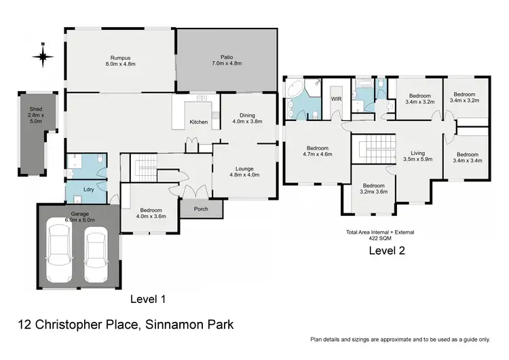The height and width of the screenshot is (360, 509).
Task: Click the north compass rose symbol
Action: (x=42, y=56)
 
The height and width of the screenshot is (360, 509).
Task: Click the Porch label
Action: (x=201, y=209)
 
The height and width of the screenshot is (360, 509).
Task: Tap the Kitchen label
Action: (x=198, y=122)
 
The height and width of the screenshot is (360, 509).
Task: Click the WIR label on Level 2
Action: (x=335, y=99)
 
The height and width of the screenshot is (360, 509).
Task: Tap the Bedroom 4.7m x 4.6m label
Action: (x=317, y=151)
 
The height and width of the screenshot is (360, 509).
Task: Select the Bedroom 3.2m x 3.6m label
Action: (x=373, y=190)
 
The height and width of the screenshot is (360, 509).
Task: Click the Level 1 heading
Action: (x=147, y=298)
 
